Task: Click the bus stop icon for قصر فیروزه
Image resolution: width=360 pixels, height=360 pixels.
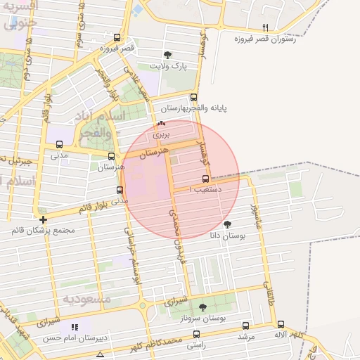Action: click(x=117, y=38)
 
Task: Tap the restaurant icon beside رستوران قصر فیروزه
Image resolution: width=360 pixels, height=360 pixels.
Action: click(x=265, y=28)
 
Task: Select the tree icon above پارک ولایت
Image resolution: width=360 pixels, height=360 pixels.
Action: click(x=167, y=55)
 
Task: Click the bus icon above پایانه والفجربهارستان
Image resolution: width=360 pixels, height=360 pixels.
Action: click(x=194, y=98)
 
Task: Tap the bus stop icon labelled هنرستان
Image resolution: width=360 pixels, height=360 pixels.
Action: click(x=111, y=156)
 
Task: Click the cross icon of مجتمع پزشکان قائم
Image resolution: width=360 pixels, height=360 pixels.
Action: click(x=44, y=219)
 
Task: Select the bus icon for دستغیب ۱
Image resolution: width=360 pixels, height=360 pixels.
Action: click(x=205, y=179)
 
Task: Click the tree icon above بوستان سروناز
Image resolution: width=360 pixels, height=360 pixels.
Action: click(x=203, y=307)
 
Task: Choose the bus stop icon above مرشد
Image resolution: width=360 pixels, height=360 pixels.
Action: click(x=245, y=326)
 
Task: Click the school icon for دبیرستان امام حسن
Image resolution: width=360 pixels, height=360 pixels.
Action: click(x=75, y=327)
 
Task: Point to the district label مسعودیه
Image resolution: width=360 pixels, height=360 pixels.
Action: click(x=88, y=300)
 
